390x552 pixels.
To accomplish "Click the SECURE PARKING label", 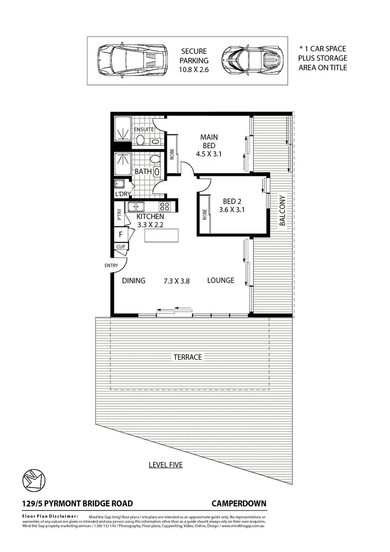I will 194,60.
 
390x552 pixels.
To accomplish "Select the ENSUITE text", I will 144,129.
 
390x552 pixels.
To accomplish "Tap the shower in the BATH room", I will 122,163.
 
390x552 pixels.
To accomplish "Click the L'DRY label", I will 122,195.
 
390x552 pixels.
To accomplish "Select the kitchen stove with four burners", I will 165,207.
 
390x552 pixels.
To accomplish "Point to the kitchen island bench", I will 162,236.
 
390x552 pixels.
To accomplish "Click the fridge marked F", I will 120,235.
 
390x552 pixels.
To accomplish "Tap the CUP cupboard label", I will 120,246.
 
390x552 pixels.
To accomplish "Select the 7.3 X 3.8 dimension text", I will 177,281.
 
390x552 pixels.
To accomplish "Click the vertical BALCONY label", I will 282,211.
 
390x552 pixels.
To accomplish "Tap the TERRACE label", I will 187,357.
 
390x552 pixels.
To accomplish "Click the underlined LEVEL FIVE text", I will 165,465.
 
